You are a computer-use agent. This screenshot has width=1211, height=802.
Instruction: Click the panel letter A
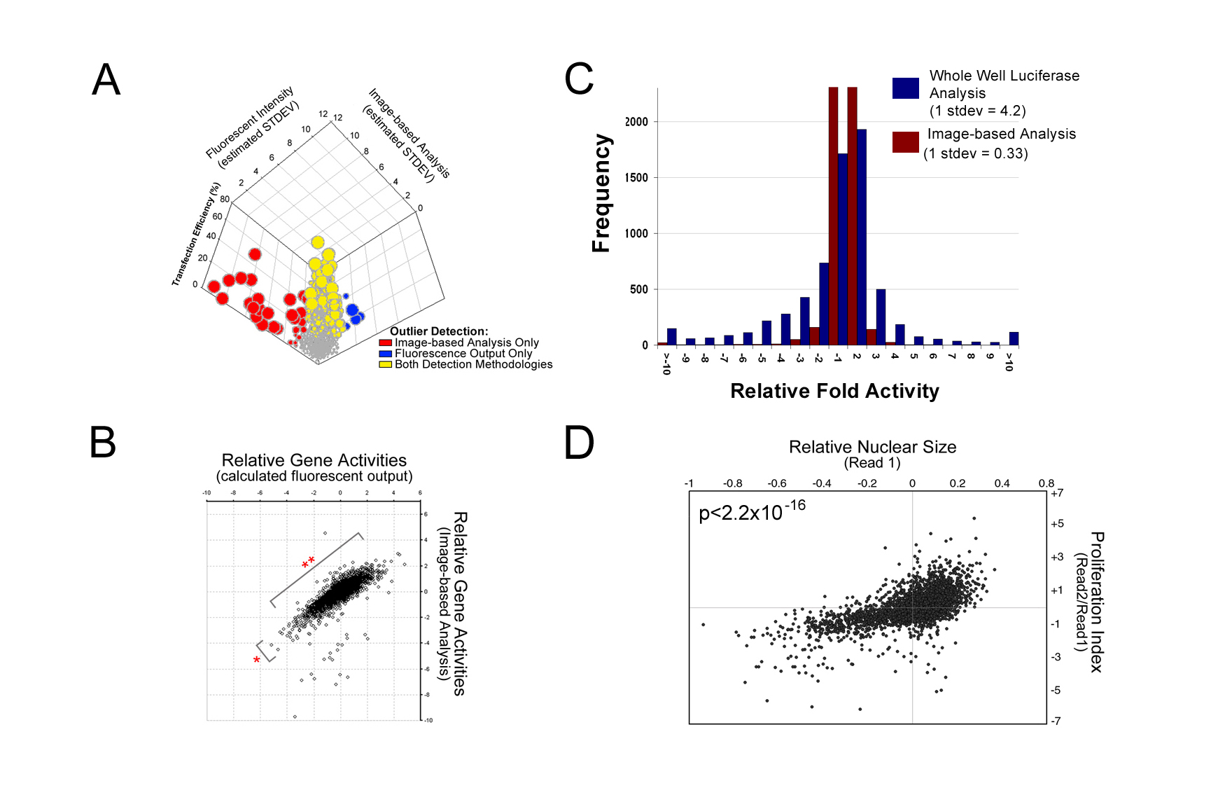tap(106, 79)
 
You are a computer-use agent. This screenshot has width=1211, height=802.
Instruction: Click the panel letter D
tap(579, 443)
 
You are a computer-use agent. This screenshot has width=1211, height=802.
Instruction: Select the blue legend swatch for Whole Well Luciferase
tap(905, 88)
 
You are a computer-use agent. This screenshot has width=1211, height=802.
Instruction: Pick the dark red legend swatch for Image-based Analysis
tap(905, 142)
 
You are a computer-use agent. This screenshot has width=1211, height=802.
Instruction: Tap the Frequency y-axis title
tap(601, 193)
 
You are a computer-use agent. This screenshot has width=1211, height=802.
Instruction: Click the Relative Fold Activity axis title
tap(834, 391)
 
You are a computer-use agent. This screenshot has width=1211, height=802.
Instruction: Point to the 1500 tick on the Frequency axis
tap(636, 177)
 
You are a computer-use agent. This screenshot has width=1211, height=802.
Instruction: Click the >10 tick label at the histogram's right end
tap(1009, 361)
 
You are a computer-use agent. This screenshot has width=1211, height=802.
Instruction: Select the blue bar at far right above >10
tap(1014, 338)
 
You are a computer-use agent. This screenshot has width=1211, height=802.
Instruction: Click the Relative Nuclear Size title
tap(872, 447)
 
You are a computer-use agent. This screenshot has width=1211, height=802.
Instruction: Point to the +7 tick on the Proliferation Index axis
tap(1056, 493)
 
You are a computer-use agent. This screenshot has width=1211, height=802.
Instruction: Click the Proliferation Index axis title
tap(1096, 602)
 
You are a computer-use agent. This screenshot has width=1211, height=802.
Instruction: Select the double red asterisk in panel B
tap(308, 562)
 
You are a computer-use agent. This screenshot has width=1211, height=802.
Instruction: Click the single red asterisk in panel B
tap(257, 660)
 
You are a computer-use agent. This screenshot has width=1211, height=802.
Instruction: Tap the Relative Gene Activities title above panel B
tap(314, 460)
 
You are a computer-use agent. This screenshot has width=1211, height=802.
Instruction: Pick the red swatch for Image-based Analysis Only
tap(385, 343)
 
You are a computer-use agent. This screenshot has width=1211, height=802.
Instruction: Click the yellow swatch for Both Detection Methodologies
tap(385, 364)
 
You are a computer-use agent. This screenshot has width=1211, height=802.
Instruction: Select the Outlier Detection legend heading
tap(439, 331)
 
